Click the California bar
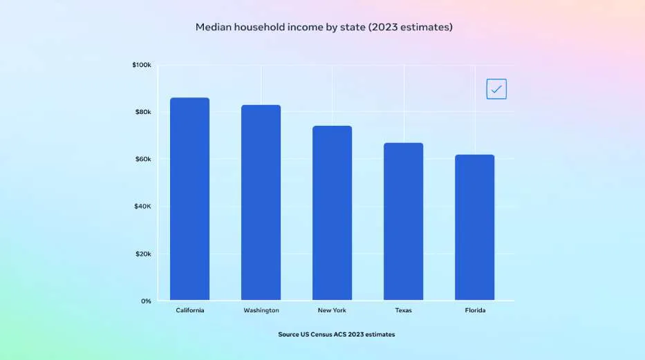189,199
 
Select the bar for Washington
261,202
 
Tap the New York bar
332,213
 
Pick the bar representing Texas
403,222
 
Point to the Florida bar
475,227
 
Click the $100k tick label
142,65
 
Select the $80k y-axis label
143,112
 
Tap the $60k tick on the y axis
143,159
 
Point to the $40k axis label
142,207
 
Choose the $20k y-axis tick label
143,254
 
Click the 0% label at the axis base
146,301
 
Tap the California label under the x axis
190,310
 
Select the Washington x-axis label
261,310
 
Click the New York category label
332,310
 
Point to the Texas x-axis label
404,310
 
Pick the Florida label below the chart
475,310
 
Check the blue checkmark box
496,88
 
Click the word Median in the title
214,27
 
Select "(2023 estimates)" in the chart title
411,27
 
